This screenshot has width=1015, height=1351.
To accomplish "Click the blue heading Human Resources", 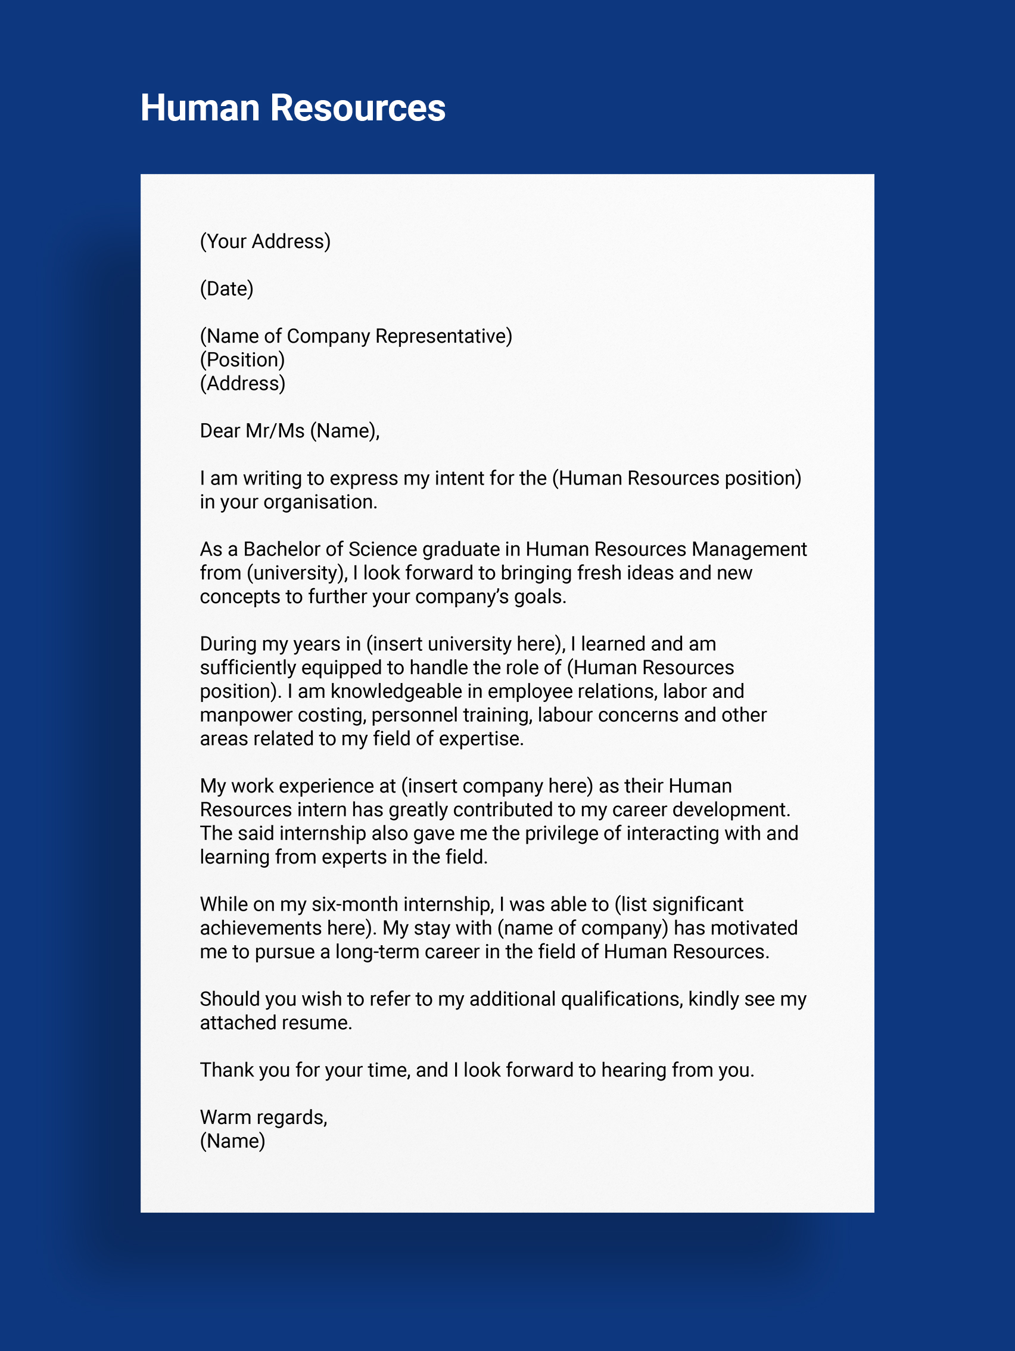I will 293,108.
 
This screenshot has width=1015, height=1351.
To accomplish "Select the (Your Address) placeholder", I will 265,241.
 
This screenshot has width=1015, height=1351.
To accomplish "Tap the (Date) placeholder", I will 226,288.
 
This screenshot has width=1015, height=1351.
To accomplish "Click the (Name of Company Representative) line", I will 356,336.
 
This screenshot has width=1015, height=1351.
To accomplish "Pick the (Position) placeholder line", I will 242,360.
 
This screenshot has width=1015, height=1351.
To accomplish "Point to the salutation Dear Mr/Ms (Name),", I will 289,431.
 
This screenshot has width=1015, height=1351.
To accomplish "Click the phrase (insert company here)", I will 497,786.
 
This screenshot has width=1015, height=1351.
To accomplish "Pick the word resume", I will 320,1023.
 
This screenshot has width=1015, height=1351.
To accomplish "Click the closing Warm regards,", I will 264,1117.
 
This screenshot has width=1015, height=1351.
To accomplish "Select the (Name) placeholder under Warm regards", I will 232,1141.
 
